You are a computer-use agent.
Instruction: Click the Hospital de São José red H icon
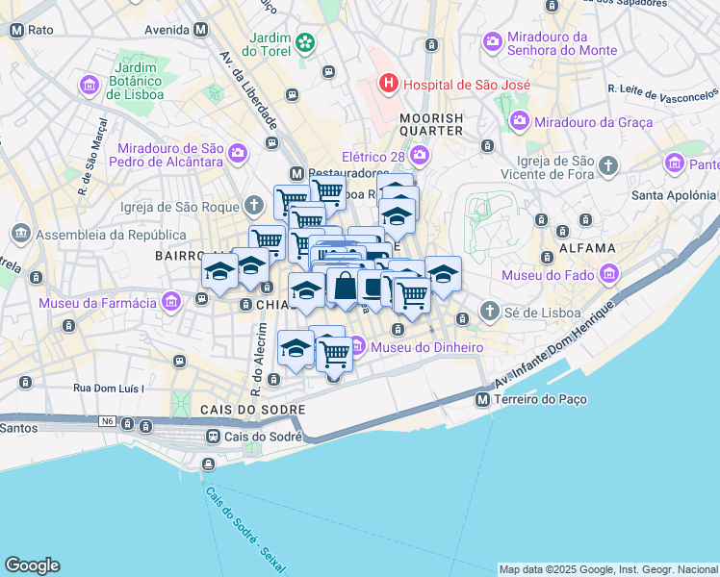click(388, 84)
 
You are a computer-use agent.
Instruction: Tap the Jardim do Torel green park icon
click(305, 42)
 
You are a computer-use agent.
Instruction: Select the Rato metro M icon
click(16, 30)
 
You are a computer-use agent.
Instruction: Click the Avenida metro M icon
click(200, 29)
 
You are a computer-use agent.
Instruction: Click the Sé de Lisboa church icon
click(490, 313)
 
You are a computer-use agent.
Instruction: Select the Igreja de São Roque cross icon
click(253, 205)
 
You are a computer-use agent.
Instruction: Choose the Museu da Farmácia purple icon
click(171, 304)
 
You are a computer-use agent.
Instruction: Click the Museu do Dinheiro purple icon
click(358, 346)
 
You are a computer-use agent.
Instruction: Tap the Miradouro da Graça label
click(593, 122)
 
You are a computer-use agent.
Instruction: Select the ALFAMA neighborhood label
click(586, 248)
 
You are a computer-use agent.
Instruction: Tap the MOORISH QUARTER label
click(431, 125)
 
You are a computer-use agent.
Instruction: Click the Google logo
click(32, 565)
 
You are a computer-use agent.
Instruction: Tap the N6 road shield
click(105, 422)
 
